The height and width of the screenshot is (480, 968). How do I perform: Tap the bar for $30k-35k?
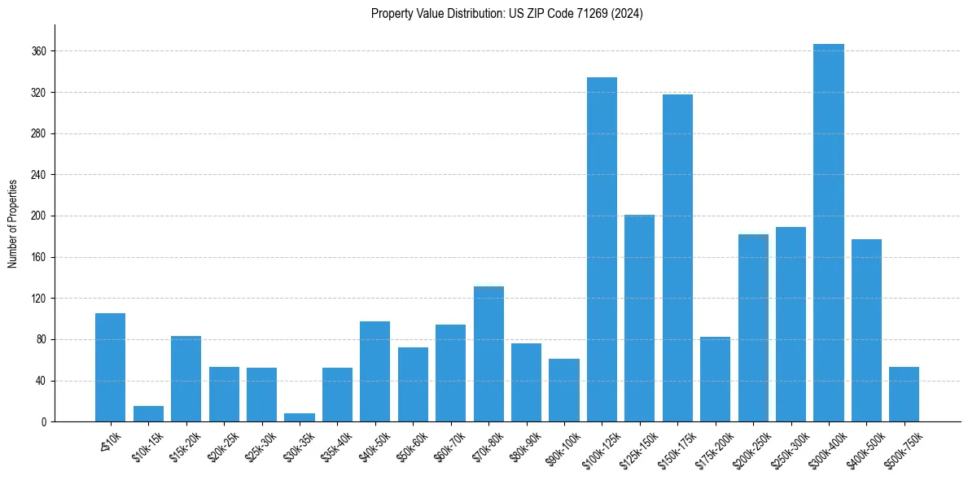300,417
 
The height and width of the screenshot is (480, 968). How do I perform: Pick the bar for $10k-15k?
148,414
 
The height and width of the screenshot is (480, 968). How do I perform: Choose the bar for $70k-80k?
488,354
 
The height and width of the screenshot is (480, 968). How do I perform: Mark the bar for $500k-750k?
904,395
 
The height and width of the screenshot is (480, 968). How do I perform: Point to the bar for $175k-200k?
715,379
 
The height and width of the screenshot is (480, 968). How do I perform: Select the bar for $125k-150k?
639,318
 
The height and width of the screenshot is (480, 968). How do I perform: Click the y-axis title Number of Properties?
13,223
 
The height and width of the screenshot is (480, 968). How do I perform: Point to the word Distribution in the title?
471,14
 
